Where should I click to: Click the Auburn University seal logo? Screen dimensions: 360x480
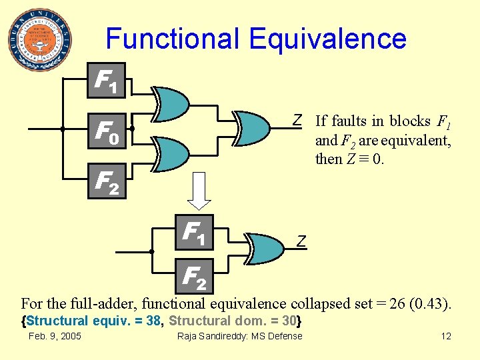tap(41, 39)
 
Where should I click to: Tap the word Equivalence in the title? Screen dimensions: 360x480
tap(327, 39)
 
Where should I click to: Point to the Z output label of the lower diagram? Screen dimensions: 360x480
tap(301, 241)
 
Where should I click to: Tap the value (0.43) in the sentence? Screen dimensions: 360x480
tap(433, 304)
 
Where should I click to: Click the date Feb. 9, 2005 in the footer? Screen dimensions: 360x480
tap(55, 336)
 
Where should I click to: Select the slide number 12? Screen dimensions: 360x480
tap(445, 336)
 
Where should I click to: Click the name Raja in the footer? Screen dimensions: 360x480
tap(187, 336)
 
